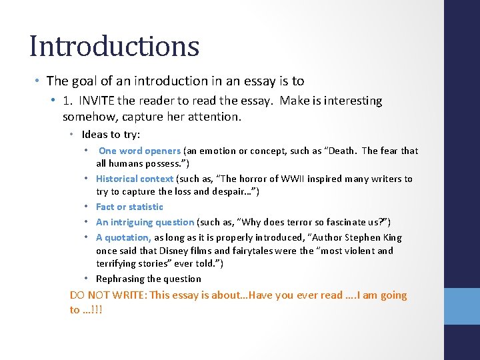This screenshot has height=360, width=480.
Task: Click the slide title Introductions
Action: (x=114, y=47)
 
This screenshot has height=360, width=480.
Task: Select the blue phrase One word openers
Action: (x=139, y=151)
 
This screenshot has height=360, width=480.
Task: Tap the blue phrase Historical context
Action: (x=135, y=179)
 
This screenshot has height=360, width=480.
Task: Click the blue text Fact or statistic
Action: (x=129, y=207)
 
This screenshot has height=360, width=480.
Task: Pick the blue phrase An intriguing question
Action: (x=145, y=222)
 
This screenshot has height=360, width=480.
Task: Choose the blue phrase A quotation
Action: (x=123, y=237)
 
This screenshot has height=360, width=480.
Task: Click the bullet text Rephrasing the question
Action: (x=148, y=279)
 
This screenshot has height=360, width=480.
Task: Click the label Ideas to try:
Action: (x=111, y=135)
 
